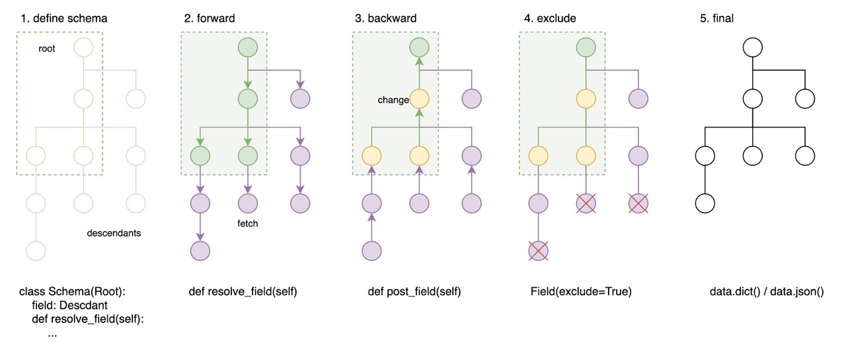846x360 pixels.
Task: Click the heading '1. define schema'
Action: [63, 18]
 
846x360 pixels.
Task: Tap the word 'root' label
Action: [47, 49]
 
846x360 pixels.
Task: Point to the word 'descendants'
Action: [114, 233]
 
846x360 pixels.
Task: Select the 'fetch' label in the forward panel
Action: [247, 223]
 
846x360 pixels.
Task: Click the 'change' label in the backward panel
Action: [393, 100]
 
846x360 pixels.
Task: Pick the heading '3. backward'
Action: [385, 18]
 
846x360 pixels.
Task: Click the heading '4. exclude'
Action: [550, 18]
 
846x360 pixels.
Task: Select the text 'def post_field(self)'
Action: [414, 291]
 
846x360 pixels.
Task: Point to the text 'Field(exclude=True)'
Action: [581, 291]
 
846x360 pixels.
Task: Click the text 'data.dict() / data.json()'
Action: [765, 291]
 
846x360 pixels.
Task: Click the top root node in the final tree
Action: [753, 48]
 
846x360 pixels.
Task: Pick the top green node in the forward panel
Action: [247, 48]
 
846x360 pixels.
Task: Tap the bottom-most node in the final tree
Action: [705, 203]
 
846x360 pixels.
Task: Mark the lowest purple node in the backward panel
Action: [372, 251]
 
